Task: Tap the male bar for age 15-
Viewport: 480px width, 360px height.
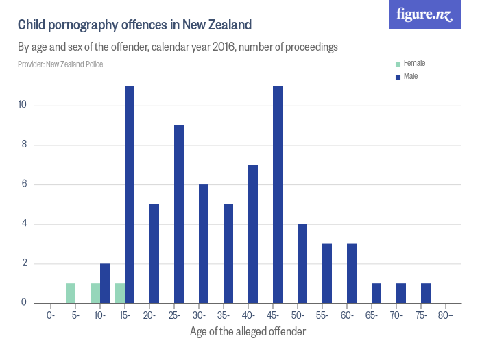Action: coord(130,194)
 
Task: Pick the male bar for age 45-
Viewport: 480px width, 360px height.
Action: coord(278,194)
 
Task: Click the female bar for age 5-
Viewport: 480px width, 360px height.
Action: coord(71,293)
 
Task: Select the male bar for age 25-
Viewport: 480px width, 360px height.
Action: coord(179,214)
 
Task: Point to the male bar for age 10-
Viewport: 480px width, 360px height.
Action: coord(105,283)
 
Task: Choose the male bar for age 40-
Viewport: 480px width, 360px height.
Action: coord(253,234)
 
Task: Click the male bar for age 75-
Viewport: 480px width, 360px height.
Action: coord(426,293)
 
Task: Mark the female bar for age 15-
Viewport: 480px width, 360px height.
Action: coord(120,293)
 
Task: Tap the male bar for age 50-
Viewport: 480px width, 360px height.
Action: coord(302,263)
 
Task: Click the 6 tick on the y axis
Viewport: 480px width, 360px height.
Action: coord(24,184)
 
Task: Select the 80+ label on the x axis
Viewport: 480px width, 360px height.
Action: coord(446,315)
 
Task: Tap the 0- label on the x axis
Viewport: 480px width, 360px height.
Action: coord(51,315)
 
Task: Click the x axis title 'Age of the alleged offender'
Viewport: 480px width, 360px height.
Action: coord(248,331)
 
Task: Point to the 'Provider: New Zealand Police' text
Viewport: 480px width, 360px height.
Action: coord(60,64)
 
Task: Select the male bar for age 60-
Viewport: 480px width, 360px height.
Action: coord(352,273)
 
